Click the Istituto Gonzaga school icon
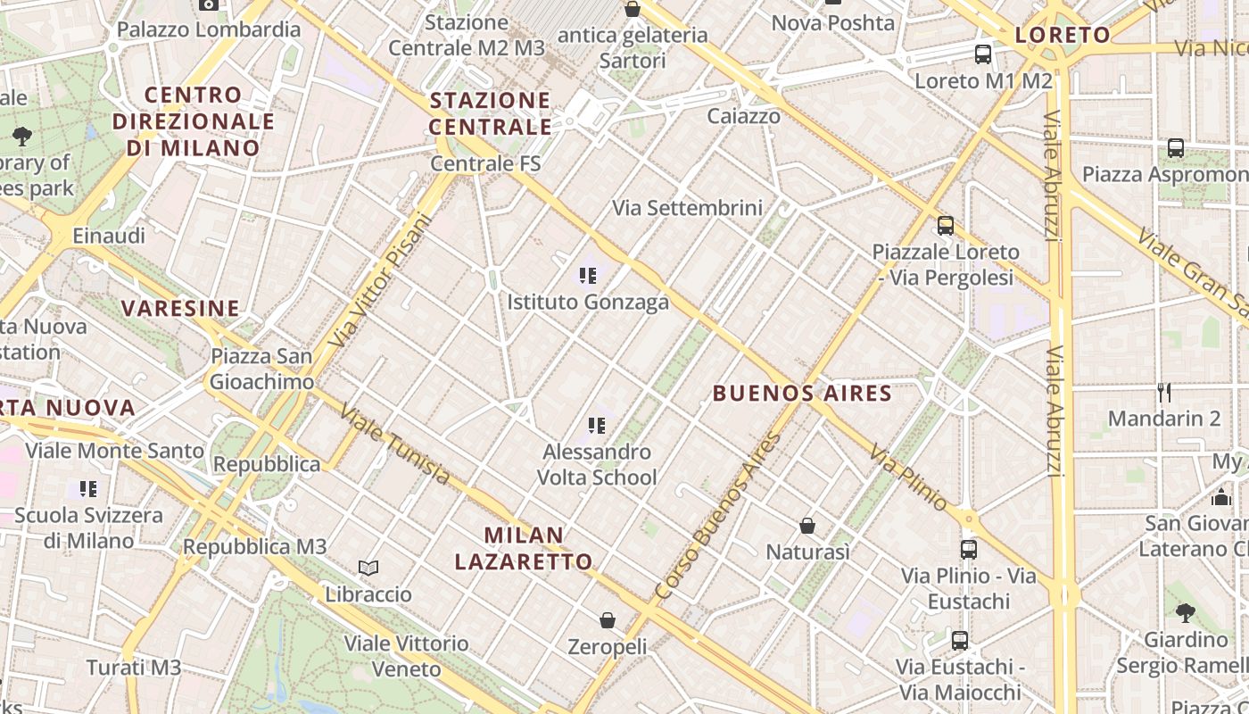[588, 276]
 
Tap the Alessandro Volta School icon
[597, 426]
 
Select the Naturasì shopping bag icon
[807, 526]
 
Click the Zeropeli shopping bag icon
[608, 619]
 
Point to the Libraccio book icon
[368, 568]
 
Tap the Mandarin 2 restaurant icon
[1163, 392]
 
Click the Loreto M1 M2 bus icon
[983, 54]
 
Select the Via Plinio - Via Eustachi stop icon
[969, 549]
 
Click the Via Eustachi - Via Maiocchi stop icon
[960, 640]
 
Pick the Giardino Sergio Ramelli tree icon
[1186, 612]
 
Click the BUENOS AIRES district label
[802, 393]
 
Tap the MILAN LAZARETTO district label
[524, 548]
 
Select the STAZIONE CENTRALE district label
[490, 113]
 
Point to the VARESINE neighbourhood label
[180, 309]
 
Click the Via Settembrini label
[687, 208]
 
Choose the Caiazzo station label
[743, 116]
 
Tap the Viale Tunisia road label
[395, 444]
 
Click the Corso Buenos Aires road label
[718, 517]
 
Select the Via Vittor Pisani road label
[380, 279]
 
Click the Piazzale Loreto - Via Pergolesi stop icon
[946, 226]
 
